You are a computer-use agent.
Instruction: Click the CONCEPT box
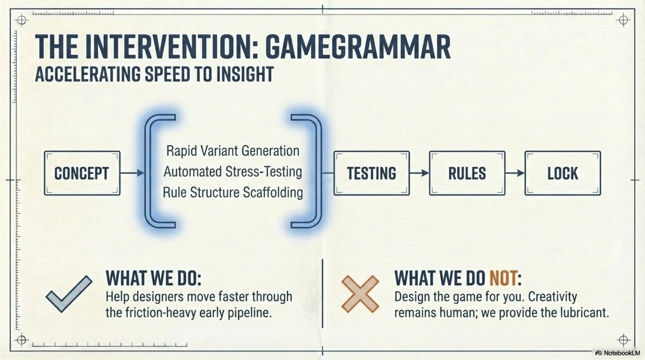click(x=82, y=173)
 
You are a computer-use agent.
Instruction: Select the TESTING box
click(x=371, y=173)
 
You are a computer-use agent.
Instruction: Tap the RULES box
click(x=467, y=173)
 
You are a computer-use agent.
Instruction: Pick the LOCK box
click(x=562, y=173)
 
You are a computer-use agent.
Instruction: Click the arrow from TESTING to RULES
click(x=419, y=173)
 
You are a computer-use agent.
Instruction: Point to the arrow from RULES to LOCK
click(x=514, y=173)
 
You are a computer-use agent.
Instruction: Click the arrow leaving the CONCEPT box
click(x=133, y=173)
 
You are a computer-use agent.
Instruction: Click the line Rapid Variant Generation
click(x=232, y=151)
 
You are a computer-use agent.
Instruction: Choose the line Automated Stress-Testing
click(x=232, y=171)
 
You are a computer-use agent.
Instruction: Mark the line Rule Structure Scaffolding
click(x=232, y=192)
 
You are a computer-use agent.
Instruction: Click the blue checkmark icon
click(x=69, y=293)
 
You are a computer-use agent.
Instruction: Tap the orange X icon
click(x=360, y=293)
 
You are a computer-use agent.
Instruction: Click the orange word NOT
click(x=504, y=278)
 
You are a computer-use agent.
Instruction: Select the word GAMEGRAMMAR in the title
click(x=357, y=47)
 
